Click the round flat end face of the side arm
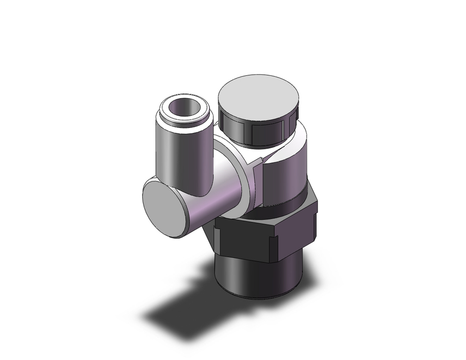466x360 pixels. (x=162, y=208)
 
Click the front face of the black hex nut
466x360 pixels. (x=249, y=240)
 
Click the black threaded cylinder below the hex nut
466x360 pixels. (x=256, y=275)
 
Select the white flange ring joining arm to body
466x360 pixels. (x=245, y=187)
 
